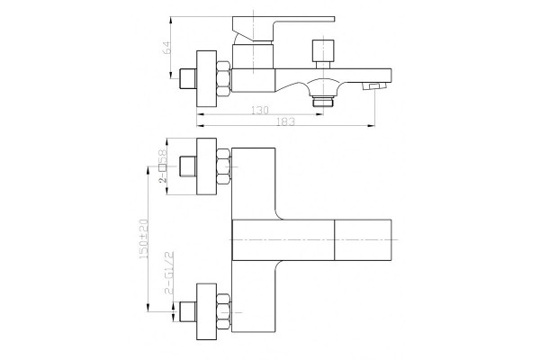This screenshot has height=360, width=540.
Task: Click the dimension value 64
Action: click(166, 48)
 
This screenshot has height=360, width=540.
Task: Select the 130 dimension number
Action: click(260, 110)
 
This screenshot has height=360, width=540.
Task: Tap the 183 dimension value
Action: click(286, 121)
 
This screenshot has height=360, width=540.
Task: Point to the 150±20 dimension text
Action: click(143, 239)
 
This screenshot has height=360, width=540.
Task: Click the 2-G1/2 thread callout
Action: click(169, 273)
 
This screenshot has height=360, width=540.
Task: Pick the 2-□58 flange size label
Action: click(163, 166)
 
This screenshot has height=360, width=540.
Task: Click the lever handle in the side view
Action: click(283, 30)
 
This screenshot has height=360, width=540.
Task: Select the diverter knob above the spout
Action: click(323, 54)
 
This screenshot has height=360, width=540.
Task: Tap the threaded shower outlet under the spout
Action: click(323, 102)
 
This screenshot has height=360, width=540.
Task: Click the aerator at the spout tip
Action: click(371, 86)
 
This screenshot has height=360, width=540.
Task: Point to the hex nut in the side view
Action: click(223, 78)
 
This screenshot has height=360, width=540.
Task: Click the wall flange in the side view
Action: click(207, 78)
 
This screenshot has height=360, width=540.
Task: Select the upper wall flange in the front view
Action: click(207, 166)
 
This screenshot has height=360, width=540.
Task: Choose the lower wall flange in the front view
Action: click(207, 312)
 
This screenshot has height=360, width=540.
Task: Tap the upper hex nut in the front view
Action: click(224, 166)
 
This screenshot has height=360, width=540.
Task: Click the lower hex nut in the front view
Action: click(224, 312)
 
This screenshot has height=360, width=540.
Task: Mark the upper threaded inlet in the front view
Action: click(188, 166)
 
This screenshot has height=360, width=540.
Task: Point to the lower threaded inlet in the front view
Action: click(188, 312)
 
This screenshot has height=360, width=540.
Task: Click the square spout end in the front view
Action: click(363, 239)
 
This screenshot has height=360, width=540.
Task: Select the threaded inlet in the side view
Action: click(188, 78)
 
